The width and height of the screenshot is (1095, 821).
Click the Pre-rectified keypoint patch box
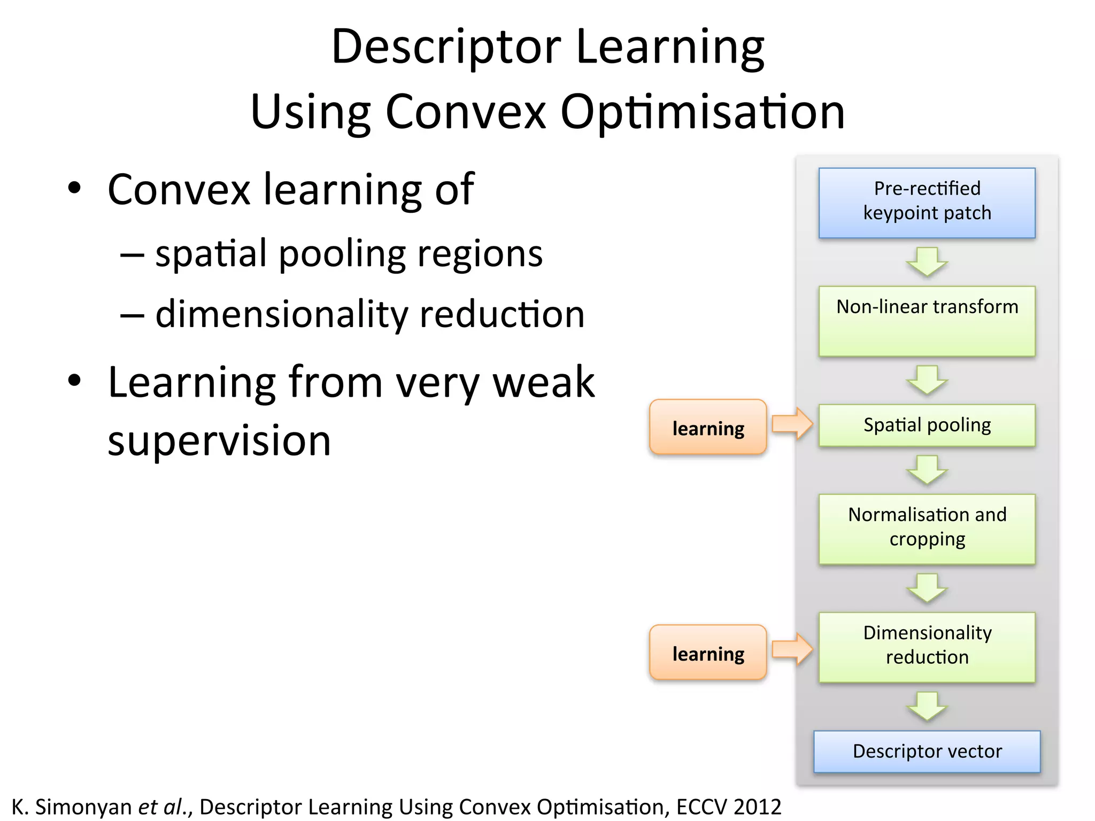tap(927, 203)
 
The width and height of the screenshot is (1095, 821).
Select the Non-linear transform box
tap(927, 321)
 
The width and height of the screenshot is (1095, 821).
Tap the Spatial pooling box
tap(927, 425)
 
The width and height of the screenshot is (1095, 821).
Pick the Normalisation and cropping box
tap(927, 528)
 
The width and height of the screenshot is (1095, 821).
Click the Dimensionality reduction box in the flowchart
tap(927, 646)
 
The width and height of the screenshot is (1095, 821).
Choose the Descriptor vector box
tap(927, 751)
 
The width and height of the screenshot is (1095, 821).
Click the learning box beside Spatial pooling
tap(708, 427)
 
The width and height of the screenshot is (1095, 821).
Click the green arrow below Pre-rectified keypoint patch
tap(927, 261)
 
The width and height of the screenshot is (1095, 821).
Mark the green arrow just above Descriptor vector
tap(927, 706)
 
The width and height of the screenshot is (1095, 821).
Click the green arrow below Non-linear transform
tap(927, 379)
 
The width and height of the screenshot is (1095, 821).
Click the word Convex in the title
tap(465, 112)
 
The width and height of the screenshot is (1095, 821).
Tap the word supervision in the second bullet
tap(219, 441)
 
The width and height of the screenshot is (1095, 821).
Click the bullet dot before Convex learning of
tap(74, 188)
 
